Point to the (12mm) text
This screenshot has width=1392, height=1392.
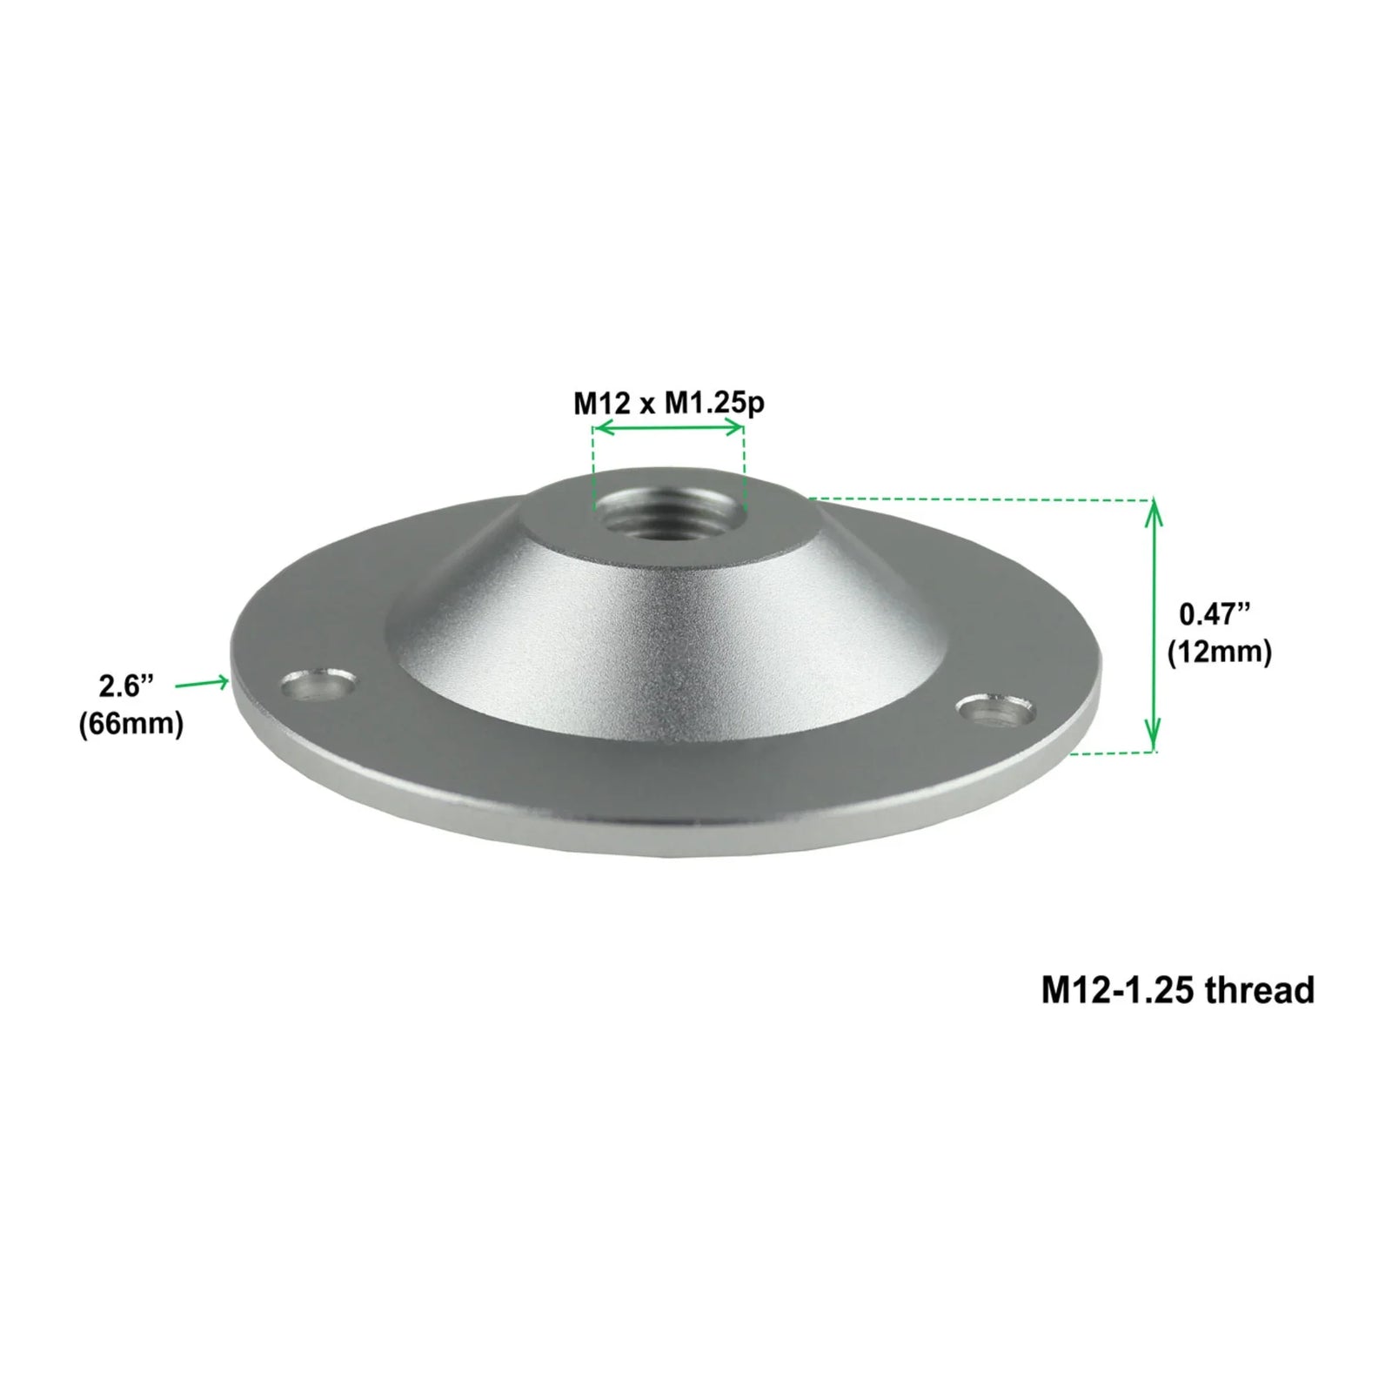1219,652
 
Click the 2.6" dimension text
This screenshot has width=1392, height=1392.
126,686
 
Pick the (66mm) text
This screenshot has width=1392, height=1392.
130,724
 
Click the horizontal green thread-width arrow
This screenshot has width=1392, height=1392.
668,428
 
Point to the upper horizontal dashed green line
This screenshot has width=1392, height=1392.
974,499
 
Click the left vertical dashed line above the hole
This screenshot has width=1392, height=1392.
593,465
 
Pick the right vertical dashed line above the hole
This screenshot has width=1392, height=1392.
744,465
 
